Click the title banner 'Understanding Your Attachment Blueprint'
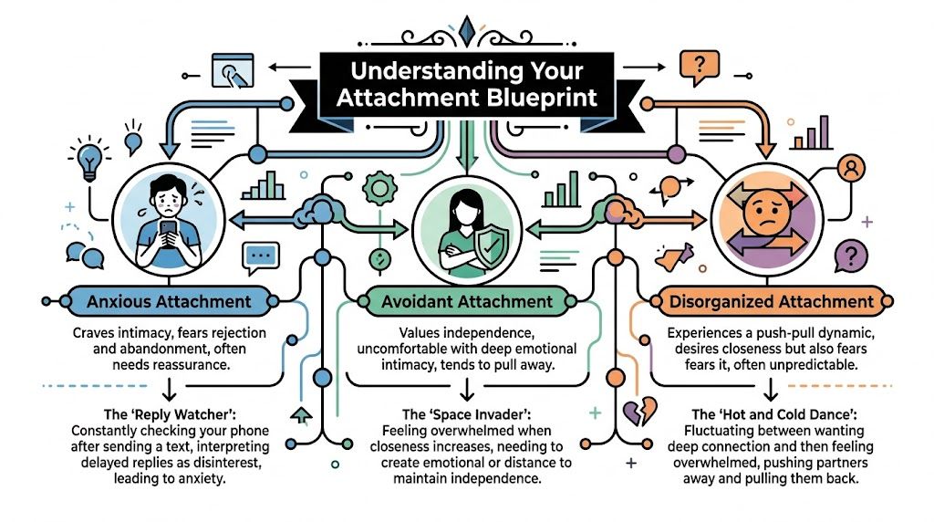click(466, 84)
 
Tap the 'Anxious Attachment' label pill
click(170, 300)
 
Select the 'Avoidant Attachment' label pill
click(466, 300)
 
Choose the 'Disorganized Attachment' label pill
click(771, 300)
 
